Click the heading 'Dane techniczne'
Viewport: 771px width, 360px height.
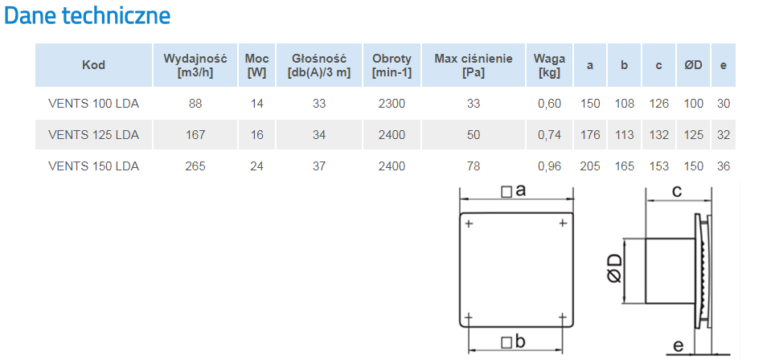(x=87, y=16)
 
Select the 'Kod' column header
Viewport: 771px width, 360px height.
(x=93, y=65)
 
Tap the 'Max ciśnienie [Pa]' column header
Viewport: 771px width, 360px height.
(x=473, y=65)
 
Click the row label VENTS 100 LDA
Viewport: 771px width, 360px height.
(x=93, y=104)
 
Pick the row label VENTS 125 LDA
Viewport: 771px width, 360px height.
(x=93, y=135)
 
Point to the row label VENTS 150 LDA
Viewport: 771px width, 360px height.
(x=93, y=166)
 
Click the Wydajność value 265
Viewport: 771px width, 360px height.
(x=195, y=166)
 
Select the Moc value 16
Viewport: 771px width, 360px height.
(x=256, y=135)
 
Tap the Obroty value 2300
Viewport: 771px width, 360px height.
(x=392, y=104)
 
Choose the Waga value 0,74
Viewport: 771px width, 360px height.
(x=549, y=135)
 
